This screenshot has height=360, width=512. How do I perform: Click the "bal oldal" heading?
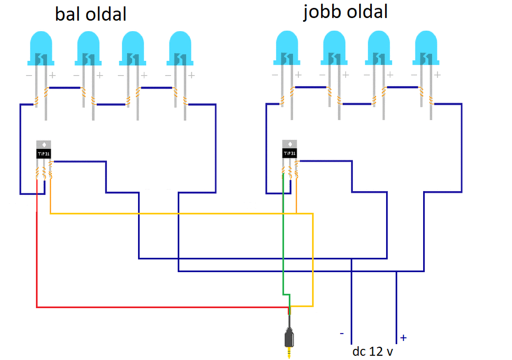click(90, 14)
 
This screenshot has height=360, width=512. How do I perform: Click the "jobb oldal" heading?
click(345, 12)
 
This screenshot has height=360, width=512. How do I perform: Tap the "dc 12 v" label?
click(372, 352)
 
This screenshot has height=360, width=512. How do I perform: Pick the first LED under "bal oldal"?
click(41, 75)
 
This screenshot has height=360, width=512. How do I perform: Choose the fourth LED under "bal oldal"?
click(180, 75)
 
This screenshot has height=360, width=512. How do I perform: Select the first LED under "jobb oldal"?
click(287, 75)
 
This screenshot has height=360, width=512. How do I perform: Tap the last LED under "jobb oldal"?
click(426, 75)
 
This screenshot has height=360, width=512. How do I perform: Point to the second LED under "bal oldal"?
click(88, 75)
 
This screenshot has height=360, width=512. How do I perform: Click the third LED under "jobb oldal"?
click(379, 75)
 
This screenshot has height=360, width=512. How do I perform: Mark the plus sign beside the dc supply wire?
click(404, 338)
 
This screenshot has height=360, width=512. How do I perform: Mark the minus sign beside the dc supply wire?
click(342, 334)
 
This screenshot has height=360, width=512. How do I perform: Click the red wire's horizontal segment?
click(162, 308)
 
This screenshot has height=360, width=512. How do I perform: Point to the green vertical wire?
click(283, 234)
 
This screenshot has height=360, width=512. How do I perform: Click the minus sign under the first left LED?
click(29, 76)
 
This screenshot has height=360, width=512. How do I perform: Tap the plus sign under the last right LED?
click(437, 75)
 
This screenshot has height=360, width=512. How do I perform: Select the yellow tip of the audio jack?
click(289, 353)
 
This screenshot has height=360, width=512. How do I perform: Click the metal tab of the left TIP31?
click(43, 145)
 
